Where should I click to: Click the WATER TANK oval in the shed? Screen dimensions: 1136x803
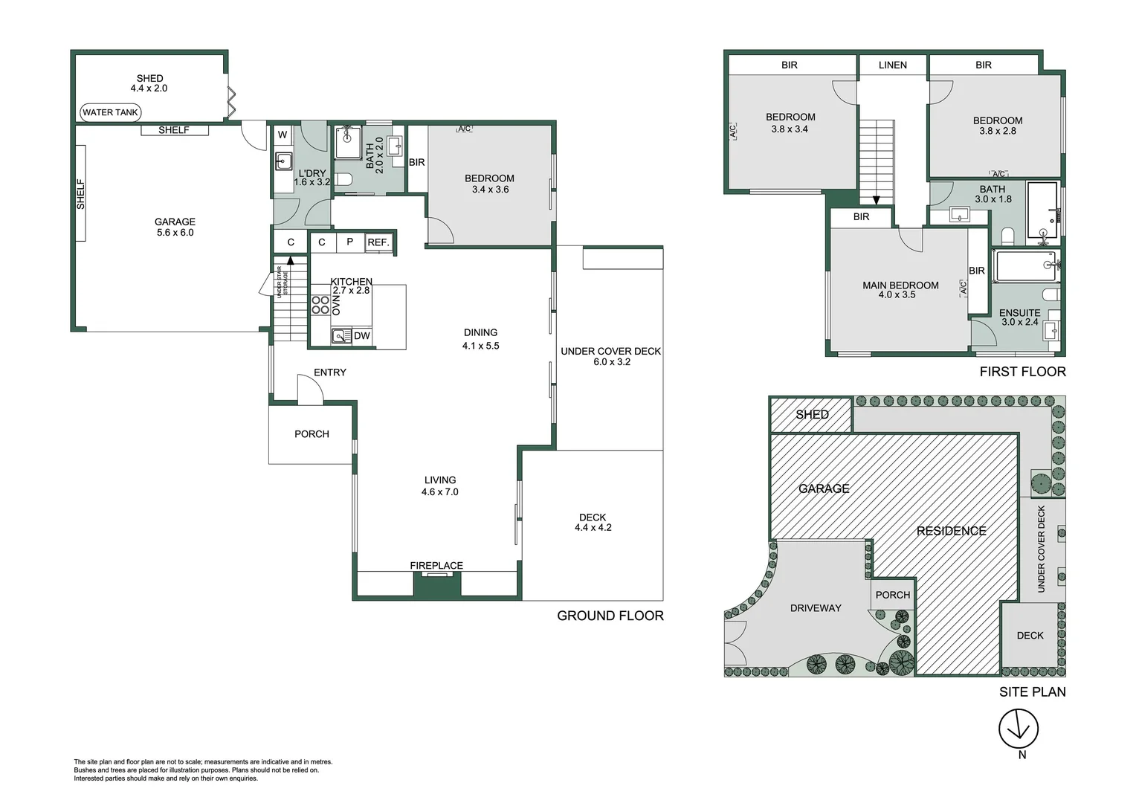pos(110,112)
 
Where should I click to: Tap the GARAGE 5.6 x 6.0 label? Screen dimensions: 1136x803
pos(175,227)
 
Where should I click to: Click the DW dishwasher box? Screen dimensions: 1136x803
pos(361,336)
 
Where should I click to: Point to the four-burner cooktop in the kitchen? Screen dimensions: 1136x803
pos(320,306)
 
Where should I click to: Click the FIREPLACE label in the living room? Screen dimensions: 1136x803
pos(436,565)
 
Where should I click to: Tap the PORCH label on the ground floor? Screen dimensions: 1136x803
pos(312,433)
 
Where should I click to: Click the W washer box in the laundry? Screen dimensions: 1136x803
pos(283,135)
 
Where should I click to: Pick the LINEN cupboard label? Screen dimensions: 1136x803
pos(893,65)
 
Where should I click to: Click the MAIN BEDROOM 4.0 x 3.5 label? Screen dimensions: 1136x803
pos(900,290)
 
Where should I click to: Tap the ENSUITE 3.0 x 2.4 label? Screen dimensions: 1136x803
pos(1020,317)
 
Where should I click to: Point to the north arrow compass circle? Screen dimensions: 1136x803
pos(1019,729)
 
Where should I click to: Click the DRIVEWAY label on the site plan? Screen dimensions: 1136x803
pos(816,607)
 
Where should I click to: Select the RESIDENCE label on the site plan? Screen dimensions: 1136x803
pos(952,531)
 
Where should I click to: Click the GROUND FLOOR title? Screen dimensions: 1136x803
pos(610,616)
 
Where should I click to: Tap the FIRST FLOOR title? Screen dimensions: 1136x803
pos(1022,372)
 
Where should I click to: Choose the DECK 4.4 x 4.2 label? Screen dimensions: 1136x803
pos(593,522)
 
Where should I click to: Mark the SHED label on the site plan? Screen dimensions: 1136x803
pos(812,414)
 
